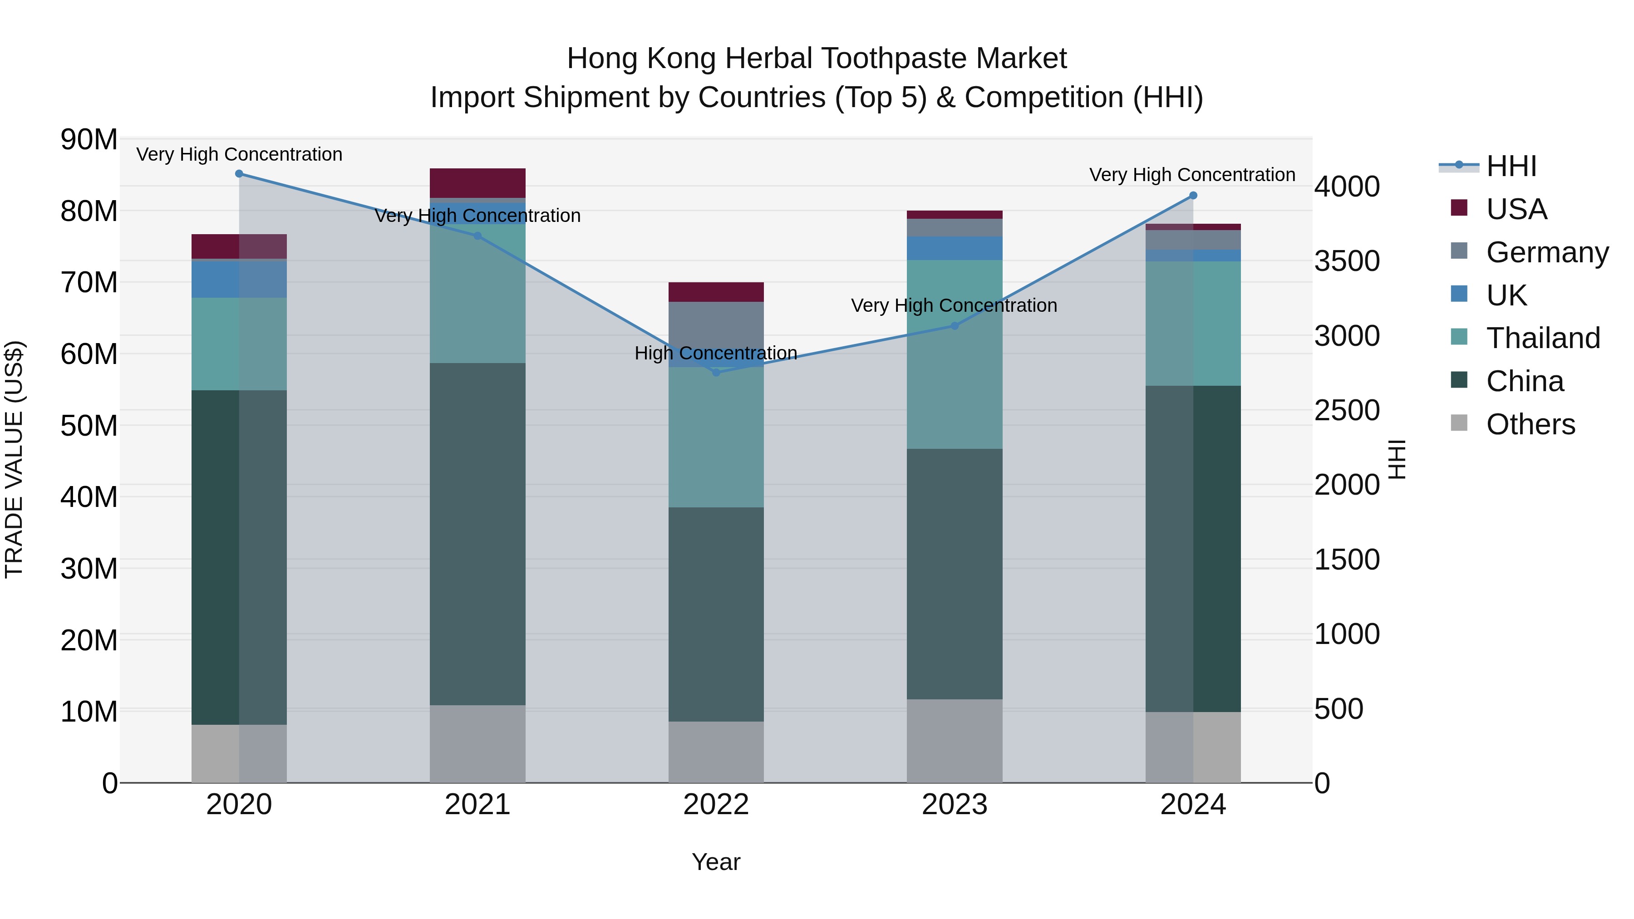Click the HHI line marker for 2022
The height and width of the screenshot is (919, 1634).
pyautogui.click(x=716, y=372)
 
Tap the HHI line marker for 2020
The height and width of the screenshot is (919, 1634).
pyautogui.click(x=239, y=174)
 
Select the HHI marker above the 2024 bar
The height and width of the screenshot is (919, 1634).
pyautogui.click(x=1193, y=195)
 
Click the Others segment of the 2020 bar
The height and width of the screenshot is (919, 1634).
pyautogui.click(x=239, y=753)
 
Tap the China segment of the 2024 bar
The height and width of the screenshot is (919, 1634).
pyautogui.click(x=1193, y=549)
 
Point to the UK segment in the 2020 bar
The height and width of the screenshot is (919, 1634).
pyautogui.click(x=239, y=279)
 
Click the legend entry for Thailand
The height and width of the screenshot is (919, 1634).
pyautogui.click(x=1543, y=338)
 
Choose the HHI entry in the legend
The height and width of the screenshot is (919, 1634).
pyautogui.click(x=1511, y=166)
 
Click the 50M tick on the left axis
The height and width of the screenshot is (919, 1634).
pyautogui.click(x=89, y=426)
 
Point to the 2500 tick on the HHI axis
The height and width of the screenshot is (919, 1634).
pyautogui.click(x=1347, y=410)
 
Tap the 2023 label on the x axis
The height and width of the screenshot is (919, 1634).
pyautogui.click(x=955, y=805)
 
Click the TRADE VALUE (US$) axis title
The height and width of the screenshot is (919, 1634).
pyautogui.click(x=15, y=459)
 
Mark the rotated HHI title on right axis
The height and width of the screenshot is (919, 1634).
pyautogui.click(x=1398, y=459)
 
